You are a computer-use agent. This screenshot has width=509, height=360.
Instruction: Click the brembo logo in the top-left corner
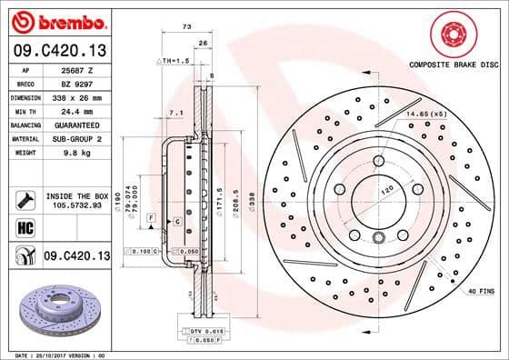pyautogui.click(x=56, y=19)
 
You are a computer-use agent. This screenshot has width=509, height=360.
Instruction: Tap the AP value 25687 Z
pyautogui.click(x=72, y=69)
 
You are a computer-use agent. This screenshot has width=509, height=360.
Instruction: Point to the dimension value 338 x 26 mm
pyautogui.click(x=74, y=96)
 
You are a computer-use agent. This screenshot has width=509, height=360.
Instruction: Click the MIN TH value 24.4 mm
pyautogui.click(x=68, y=110)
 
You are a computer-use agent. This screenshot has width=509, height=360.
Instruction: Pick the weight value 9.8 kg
pyautogui.click(x=65, y=152)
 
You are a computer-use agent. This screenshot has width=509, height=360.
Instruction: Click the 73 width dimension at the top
pyautogui.click(x=186, y=27)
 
